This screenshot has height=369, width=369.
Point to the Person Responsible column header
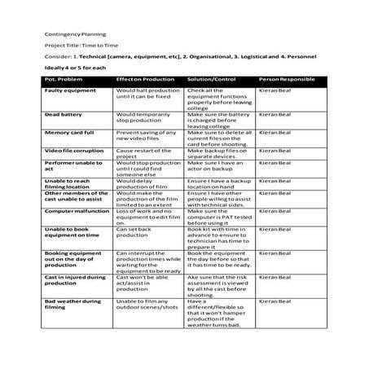tap(286, 79)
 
